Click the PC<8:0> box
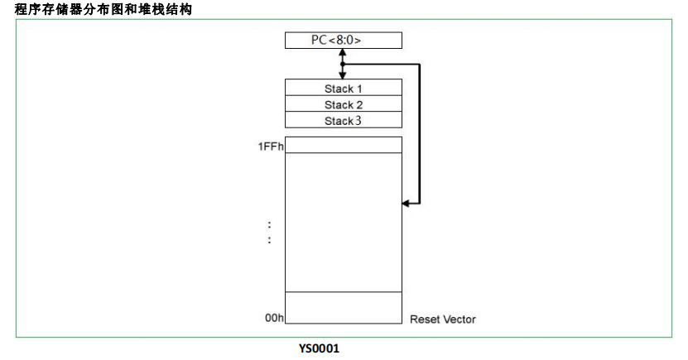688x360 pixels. click(343, 41)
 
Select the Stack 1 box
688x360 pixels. click(343, 88)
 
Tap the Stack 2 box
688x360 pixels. click(343, 104)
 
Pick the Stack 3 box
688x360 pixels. click(343, 121)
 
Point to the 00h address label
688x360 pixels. click(274, 318)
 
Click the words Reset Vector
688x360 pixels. click(443, 319)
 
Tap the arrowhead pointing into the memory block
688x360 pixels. click(406, 202)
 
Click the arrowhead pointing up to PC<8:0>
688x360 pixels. click(343, 53)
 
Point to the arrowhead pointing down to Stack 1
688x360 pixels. click(343, 74)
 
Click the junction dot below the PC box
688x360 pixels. click(343, 64)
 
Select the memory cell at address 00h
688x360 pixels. click(343, 309)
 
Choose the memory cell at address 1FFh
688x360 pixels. click(343, 145)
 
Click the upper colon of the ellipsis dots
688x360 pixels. click(270, 224)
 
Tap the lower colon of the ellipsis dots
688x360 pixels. click(270, 240)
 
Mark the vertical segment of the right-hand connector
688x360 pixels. click(420, 132)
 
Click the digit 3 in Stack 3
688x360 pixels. click(358, 121)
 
